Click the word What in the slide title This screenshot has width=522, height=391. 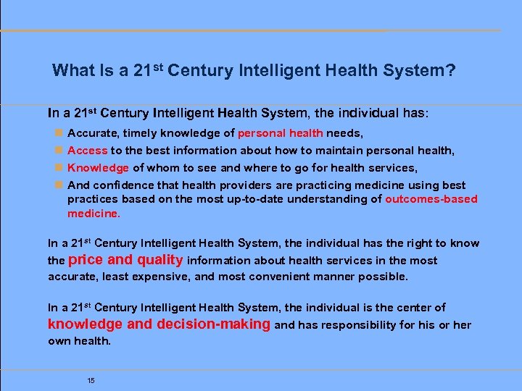click(72, 70)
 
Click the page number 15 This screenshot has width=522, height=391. click(91, 381)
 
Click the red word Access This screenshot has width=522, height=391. click(87, 151)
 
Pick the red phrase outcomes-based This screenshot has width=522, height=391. click(431, 199)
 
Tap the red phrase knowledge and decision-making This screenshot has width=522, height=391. click(159, 324)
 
